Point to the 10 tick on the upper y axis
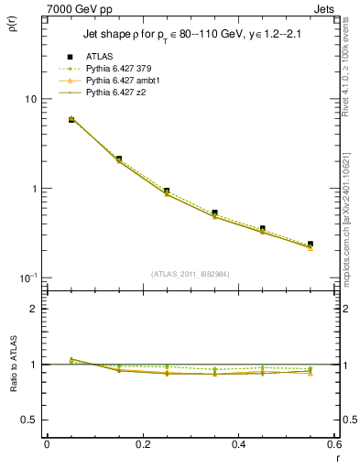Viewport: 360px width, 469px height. (28, 99)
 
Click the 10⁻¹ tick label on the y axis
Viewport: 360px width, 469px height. (27, 278)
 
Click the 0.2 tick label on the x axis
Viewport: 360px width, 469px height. (142, 444)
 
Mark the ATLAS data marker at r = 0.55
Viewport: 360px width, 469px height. (311, 244)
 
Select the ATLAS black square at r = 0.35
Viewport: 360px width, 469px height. (214, 213)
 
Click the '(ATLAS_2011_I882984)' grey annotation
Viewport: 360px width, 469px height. (190, 274)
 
